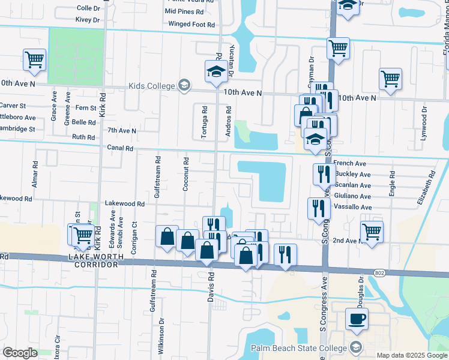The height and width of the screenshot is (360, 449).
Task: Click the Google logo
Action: tap(20, 353)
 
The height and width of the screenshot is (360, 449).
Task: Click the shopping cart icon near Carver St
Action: tap(35, 59)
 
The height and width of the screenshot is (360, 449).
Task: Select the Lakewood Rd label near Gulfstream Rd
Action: tap(125, 204)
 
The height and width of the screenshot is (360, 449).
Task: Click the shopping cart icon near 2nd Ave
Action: tap(372, 232)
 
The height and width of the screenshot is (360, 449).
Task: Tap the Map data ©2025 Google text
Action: tap(412, 355)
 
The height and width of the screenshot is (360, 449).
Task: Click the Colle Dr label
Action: tap(89, 8)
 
